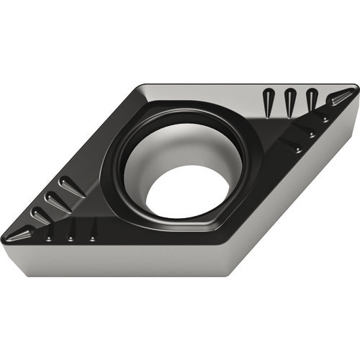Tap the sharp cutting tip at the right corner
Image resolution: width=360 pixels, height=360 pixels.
(x=355, y=92)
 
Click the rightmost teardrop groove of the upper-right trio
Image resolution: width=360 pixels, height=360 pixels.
(x=311, y=99)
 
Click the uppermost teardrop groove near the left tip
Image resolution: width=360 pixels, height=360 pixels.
(x=71, y=186)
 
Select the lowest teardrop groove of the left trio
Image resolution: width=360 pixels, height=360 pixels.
(x=42, y=215)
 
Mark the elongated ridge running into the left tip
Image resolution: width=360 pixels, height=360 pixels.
(x=22, y=232)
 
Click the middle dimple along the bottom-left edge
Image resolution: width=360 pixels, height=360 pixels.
(x=71, y=238)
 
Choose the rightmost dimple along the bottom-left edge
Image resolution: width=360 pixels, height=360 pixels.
(x=92, y=238)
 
